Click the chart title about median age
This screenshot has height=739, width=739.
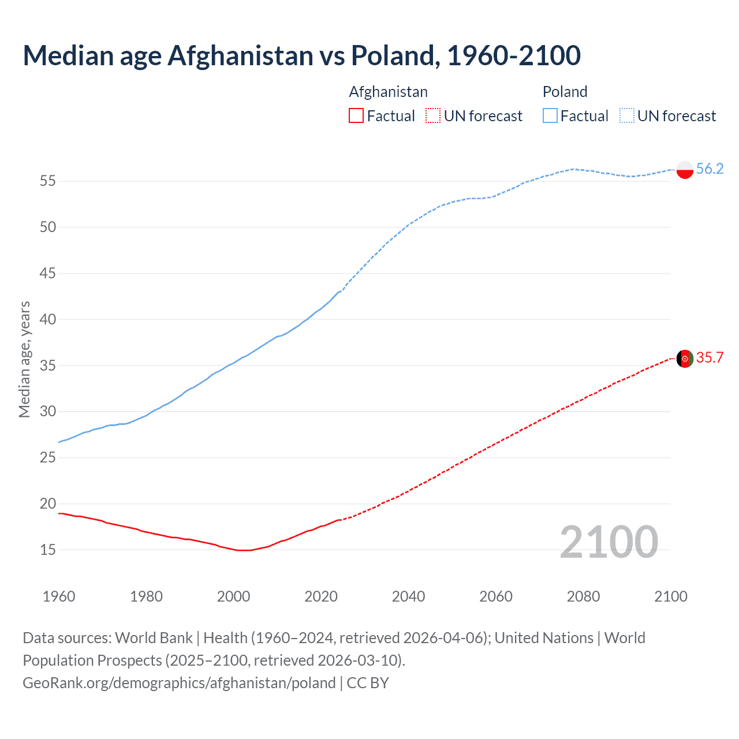(301, 55)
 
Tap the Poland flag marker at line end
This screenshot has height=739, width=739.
(684, 169)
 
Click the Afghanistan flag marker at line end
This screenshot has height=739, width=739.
(684, 359)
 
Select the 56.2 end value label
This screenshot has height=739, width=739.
(710, 169)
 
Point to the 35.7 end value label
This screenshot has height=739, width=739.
(710, 358)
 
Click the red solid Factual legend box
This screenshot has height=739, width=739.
(356, 116)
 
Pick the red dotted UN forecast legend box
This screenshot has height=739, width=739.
(433, 116)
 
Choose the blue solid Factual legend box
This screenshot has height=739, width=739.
(550, 116)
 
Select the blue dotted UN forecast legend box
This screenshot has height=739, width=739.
(627, 116)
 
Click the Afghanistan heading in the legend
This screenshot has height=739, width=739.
(388, 92)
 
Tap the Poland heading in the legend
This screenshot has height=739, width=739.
(565, 92)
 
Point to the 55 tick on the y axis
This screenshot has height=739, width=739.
(48, 181)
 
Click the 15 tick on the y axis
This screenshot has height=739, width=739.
(48, 550)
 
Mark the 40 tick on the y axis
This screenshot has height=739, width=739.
(48, 319)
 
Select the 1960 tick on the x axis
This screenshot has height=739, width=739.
(59, 596)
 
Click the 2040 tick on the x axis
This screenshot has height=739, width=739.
(408, 596)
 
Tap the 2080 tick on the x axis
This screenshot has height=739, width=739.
(583, 596)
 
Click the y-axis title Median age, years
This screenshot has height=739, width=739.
(24, 359)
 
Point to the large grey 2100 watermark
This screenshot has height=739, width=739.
(609, 542)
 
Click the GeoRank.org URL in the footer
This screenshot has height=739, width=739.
(179, 683)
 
